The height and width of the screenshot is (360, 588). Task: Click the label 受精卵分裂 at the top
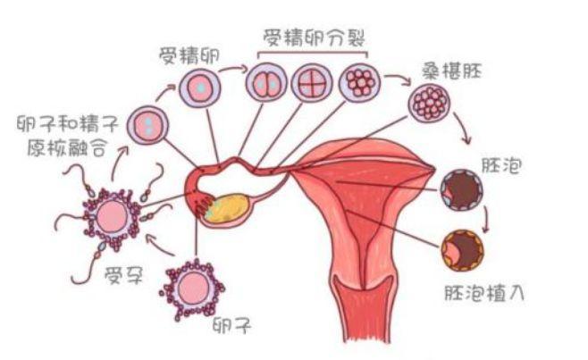click(x=315, y=38)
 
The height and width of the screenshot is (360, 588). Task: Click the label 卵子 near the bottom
click(x=230, y=325)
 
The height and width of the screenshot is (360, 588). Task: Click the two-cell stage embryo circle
click(x=265, y=86)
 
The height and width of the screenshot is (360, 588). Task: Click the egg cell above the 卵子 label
click(x=192, y=288)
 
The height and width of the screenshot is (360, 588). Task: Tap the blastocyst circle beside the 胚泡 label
click(x=461, y=185)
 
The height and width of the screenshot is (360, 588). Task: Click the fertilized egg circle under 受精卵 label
click(x=200, y=88)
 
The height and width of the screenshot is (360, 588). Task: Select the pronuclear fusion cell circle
click(x=146, y=124)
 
